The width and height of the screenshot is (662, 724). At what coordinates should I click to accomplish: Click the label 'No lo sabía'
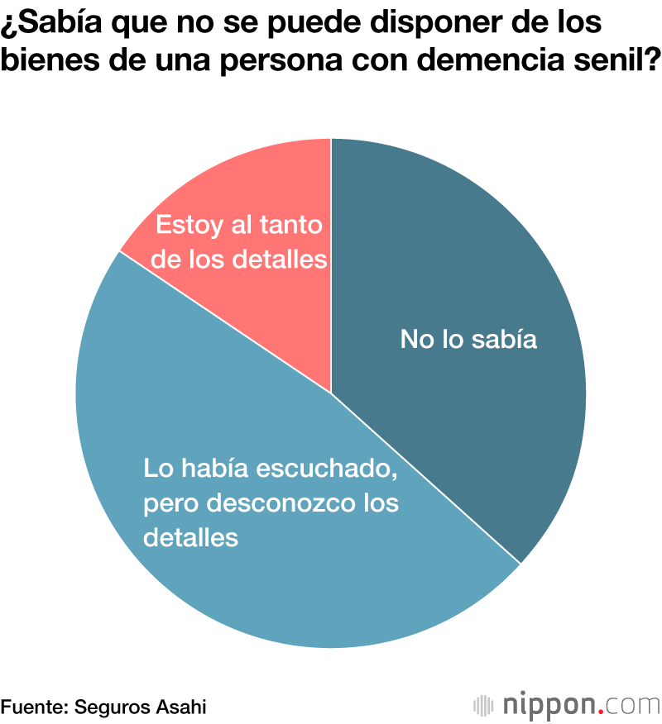tap(468, 339)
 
